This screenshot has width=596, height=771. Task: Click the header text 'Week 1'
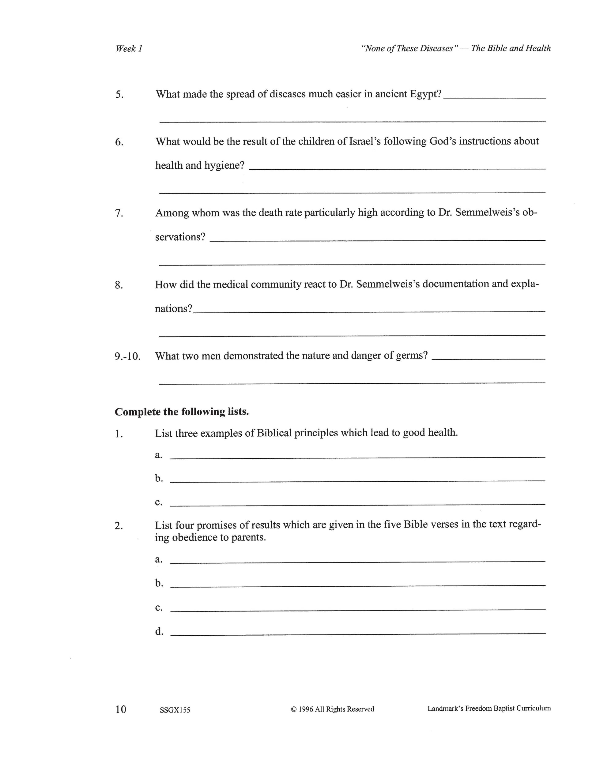[x=129, y=49]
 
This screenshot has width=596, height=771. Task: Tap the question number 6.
[x=119, y=142]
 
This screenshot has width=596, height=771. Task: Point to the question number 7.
[x=119, y=214]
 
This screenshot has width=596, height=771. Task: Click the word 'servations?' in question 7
[x=180, y=237]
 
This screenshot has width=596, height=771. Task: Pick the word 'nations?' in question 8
[x=174, y=309]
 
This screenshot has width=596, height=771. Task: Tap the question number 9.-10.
[x=127, y=356]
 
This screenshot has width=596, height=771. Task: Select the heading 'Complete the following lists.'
[x=182, y=412]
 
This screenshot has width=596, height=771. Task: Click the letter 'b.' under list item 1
[x=159, y=478]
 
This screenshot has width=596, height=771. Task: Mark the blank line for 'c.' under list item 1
[x=357, y=505]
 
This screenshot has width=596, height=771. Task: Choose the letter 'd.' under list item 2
[x=159, y=631]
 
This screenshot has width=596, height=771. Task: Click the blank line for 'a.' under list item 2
[x=357, y=562]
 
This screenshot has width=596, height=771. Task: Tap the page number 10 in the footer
[x=120, y=709]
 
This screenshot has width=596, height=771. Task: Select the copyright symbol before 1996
[x=293, y=709]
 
